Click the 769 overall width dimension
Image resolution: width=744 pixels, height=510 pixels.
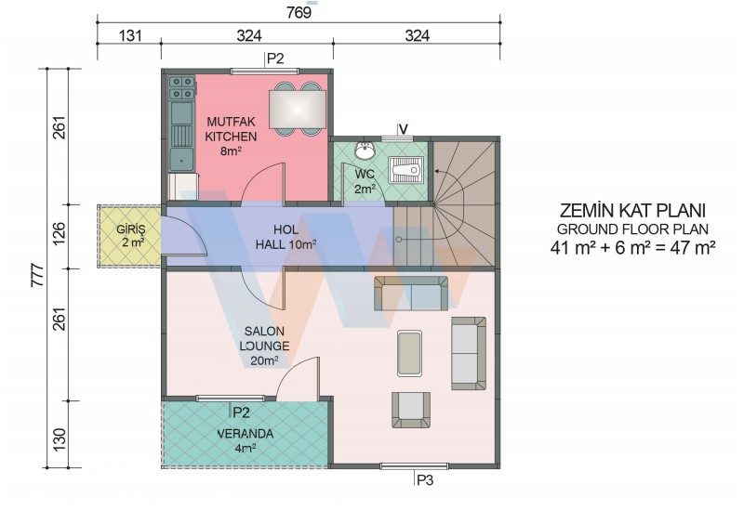click(299, 12)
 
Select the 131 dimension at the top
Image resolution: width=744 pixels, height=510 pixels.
click(130, 35)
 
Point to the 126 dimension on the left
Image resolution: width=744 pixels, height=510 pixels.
click(60, 234)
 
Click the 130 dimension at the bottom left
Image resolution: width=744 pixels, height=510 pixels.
click(60, 439)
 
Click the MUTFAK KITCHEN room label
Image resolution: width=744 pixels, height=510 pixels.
click(231, 129)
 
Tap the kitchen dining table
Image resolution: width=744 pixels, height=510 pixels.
click(298, 110)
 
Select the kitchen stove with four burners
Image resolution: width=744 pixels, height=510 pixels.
click(182, 88)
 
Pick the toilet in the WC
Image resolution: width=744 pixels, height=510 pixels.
click(406, 170)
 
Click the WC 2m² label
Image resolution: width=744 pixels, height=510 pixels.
click(365, 181)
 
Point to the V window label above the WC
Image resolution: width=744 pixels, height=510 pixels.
click(404, 129)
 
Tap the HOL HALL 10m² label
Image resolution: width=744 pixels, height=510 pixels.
click(286, 238)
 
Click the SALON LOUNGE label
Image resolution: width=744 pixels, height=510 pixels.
click(264, 338)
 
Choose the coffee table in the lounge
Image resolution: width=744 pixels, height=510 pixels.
click(409, 354)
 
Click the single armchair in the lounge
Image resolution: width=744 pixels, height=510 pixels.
click(411, 410)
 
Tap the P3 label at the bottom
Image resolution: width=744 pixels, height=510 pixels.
click(425, 480)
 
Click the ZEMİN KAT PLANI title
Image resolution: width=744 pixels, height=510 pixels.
click(632, 211)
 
